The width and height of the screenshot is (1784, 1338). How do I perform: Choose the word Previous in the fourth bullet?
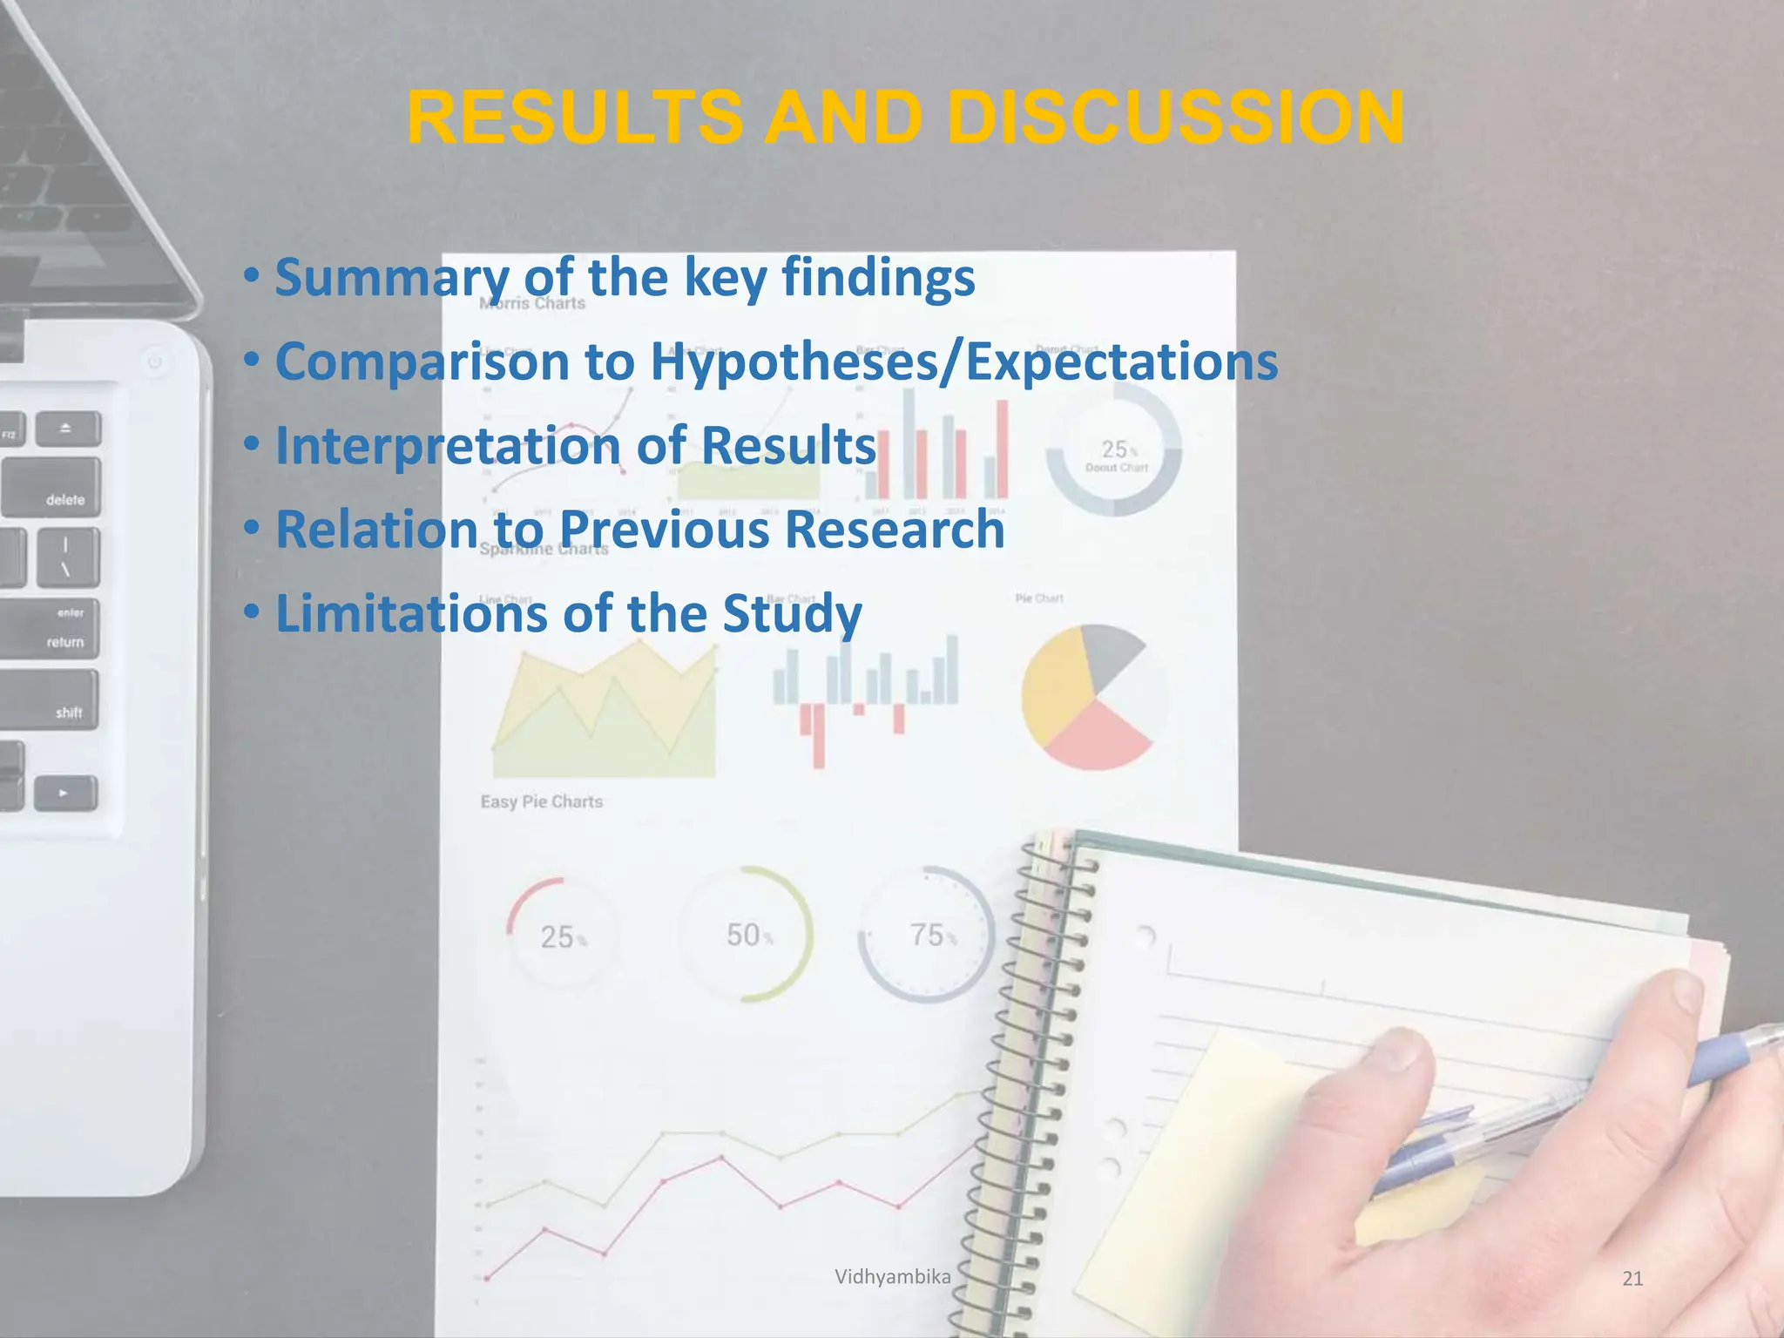[x=665, y=530]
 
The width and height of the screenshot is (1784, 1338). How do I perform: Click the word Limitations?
[x=410, y=613]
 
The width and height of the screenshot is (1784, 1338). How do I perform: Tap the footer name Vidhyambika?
[x=892, y=1277]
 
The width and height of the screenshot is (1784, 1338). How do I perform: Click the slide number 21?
[x=1632, y=1278]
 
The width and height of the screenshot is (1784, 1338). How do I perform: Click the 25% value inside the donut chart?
[x=1115, y=449]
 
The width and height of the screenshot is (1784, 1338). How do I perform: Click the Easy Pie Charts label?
[x=541, y=801]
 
